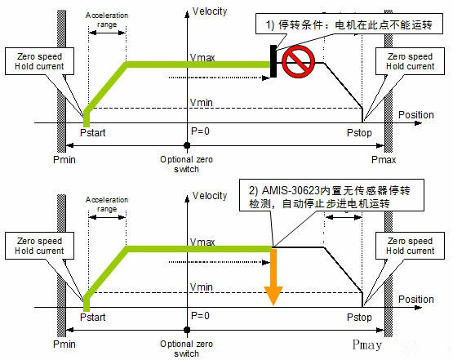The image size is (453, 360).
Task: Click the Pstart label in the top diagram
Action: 93,132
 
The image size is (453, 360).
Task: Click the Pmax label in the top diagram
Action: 383,159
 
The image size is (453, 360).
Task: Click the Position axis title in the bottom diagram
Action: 415,299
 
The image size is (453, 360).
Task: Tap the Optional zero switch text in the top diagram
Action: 187,164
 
